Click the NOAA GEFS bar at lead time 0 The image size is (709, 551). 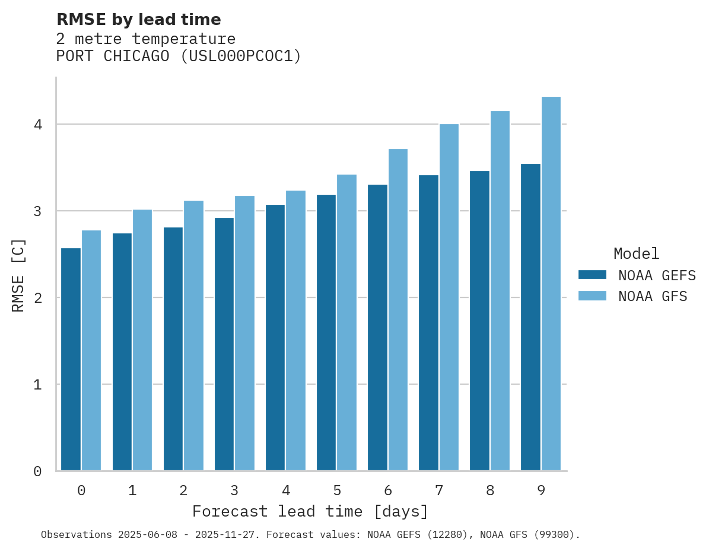point(71,359)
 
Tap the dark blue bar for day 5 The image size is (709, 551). point(326,332)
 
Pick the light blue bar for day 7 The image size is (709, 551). point(449,297)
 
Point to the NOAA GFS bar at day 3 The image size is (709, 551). point(244,333)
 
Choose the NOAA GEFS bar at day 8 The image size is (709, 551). point(479,321)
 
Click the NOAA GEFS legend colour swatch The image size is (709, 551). point(592,275)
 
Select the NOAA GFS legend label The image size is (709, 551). point(653,296)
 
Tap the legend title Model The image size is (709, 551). point(636,254)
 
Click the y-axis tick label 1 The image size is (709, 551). point(37,385)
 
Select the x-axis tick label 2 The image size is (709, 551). point(183,490)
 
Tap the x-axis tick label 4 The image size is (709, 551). point(286,490)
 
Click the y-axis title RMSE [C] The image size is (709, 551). point(18,275)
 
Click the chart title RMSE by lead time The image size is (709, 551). point(138,20)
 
